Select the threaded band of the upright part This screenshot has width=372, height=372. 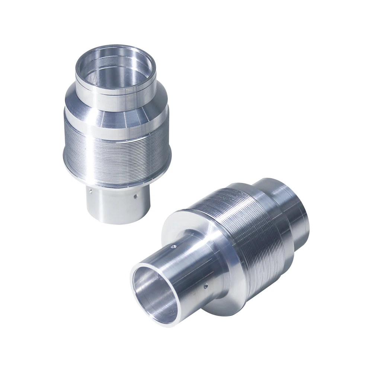pyautogui.click(x=115, y=149)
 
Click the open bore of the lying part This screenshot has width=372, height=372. pyautogui.click(x=151, y=294)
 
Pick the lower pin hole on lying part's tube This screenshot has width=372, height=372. pyautogui.click(x=205, y=286)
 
